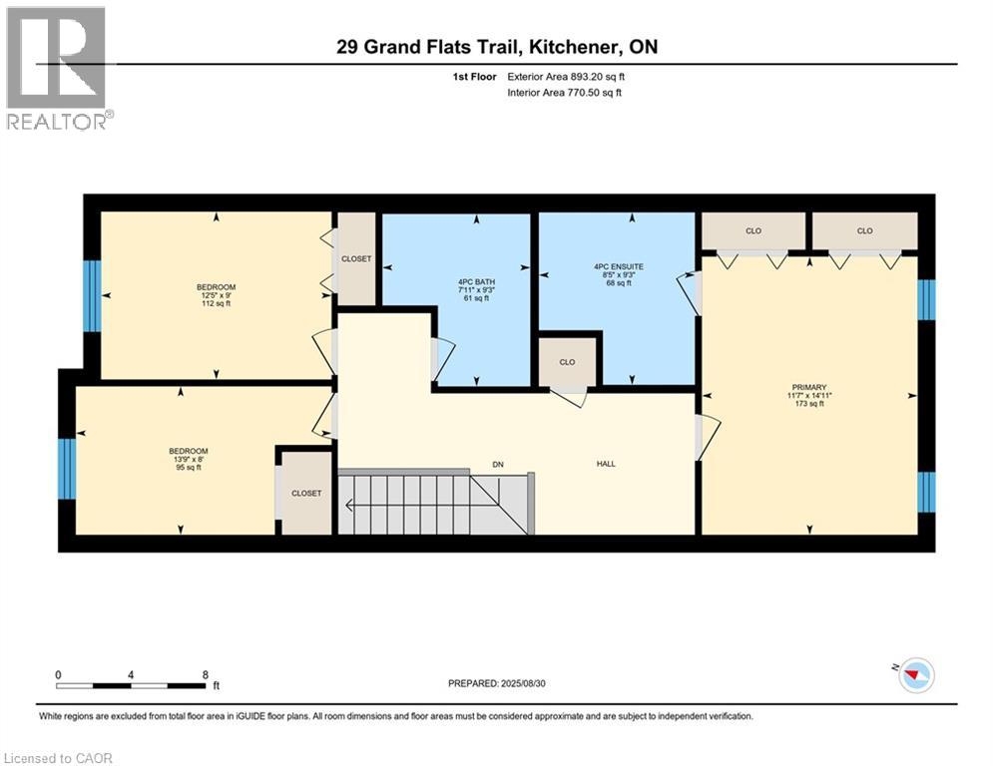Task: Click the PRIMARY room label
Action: [x=808, y=387]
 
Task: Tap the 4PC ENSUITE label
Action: [x=618, y=267]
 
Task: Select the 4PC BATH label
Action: [x=476, y=282]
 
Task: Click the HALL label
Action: [x=606, y=464]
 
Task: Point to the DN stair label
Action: [x=498, y=465]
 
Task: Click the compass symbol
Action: [x=916, y=675]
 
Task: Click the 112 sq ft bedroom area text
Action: [x=216, y=304]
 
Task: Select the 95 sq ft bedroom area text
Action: [x=188, y=468]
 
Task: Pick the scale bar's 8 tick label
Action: [x=206, y=675]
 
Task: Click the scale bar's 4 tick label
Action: [x=131, y=675]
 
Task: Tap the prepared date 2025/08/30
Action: [x=523, y=683]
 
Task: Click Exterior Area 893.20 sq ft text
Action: [x=566, y=77]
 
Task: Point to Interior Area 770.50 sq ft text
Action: [x=564, y=93]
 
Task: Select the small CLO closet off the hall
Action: [x=567, y=362]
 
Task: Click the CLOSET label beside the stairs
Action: [x=306, y=493]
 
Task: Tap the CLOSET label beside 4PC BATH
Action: [x=356, y=259]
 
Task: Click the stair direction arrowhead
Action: [x=348, y=505]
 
